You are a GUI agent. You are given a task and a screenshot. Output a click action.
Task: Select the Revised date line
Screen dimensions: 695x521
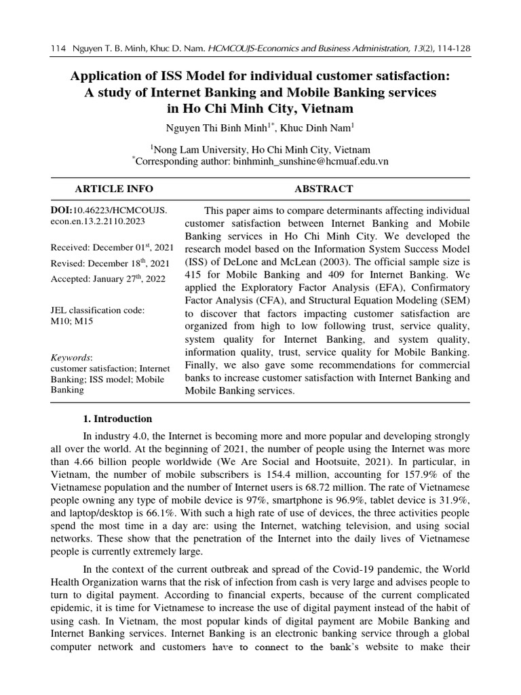point(110,263)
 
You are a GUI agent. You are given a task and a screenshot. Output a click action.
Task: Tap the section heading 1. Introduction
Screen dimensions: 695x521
point(117,419)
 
